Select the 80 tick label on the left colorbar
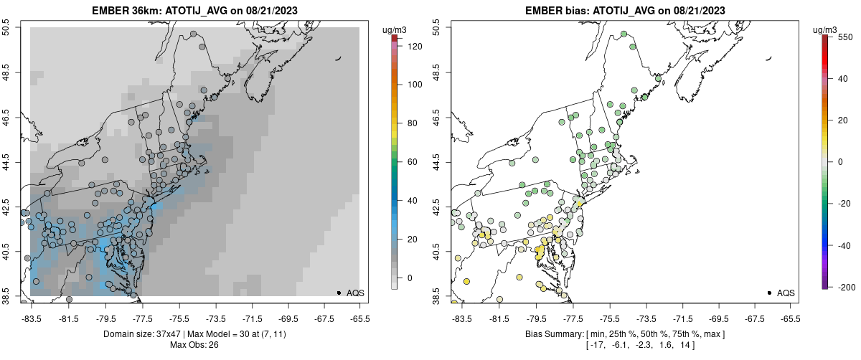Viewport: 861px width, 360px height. point(413,123)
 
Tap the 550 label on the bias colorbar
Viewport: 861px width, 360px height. point(844,37)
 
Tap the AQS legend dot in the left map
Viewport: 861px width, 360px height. point(339,293)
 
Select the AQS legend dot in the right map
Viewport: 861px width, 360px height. point(768,293)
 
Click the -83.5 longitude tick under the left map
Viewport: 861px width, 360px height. point(31,319)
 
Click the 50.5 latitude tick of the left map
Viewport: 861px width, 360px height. point(6,28)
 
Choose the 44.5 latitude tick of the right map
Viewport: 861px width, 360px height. point(437,162)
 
